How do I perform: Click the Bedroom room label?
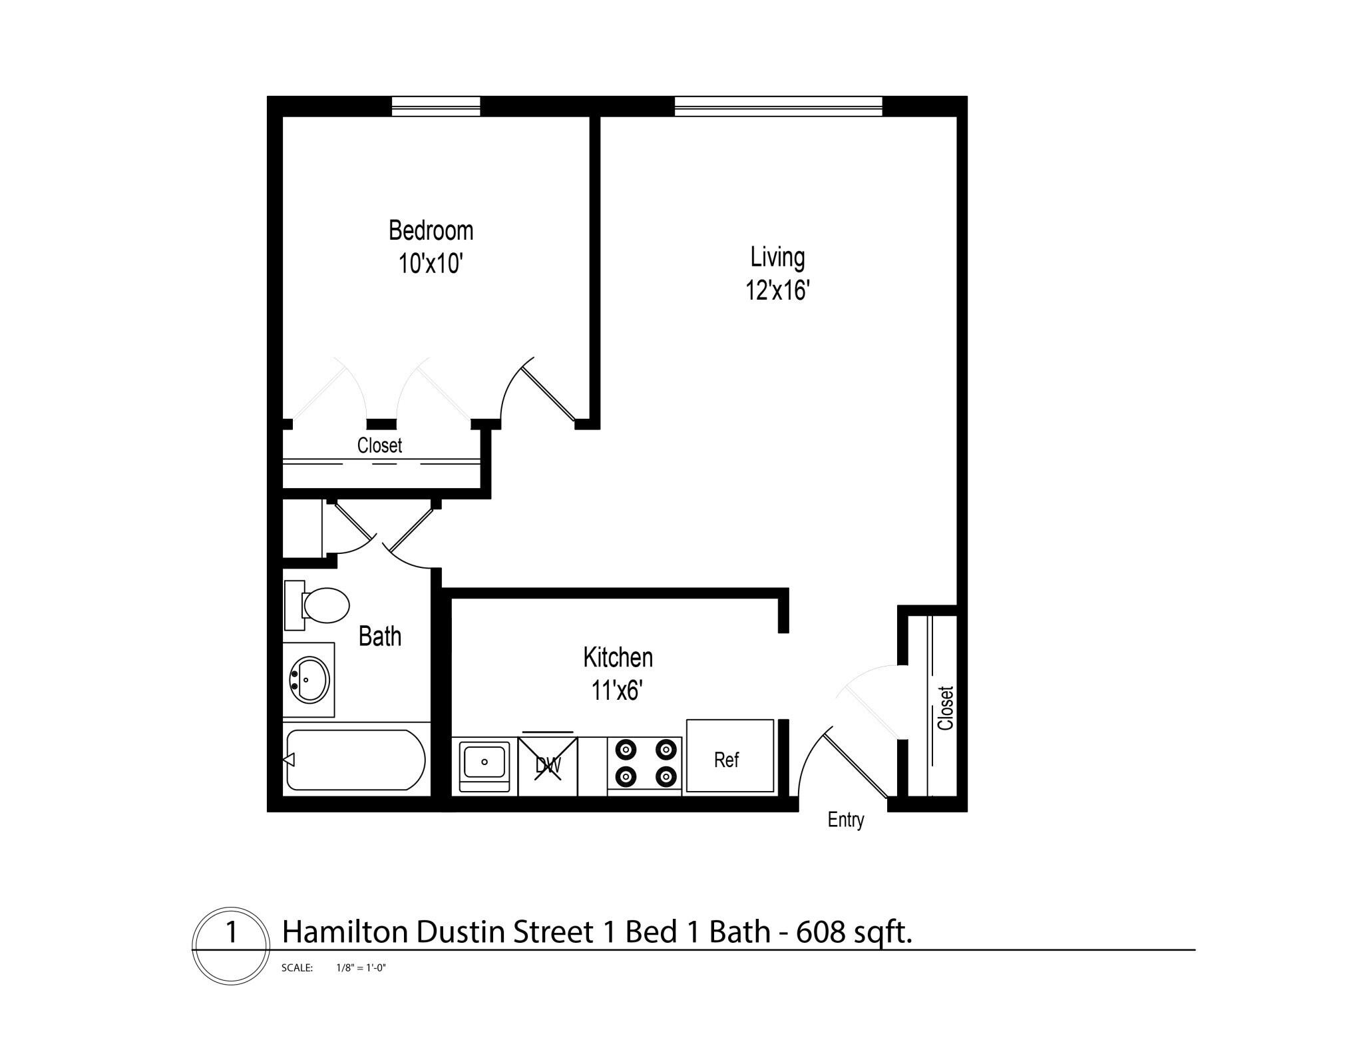[431, 230]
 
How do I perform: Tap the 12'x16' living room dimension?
[777, 291]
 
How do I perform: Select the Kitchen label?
[618, 657]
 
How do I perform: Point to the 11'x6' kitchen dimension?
[616, 691]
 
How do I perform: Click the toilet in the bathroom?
[324, 605]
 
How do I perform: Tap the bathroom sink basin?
[309, 680]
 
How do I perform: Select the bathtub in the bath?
[355, 760]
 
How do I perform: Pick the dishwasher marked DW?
[548, 765]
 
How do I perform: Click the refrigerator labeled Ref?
[729, 757]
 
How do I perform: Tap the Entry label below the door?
[845, 820]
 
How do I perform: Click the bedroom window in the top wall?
[436, 106]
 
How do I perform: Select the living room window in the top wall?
[778, 106]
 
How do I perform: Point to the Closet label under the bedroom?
[379, 445]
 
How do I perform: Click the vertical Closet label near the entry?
[945, 708]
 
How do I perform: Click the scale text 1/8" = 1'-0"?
[361, 968]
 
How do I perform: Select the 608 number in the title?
[821, 932]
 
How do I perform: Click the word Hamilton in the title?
[345, 932]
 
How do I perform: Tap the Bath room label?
[379, 637]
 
